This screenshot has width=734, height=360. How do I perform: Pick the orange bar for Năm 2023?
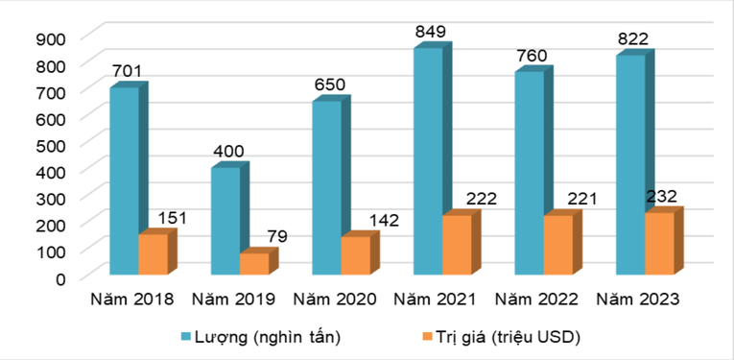659,245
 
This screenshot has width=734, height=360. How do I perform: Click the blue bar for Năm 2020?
326,188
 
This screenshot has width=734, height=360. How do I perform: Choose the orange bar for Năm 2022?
557,246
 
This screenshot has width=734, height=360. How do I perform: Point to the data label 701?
129,72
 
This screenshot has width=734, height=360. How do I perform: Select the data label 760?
530,56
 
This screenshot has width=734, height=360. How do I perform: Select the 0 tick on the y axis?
59,278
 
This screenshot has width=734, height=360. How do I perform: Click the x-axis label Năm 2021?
436,300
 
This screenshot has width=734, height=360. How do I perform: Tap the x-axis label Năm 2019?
233,300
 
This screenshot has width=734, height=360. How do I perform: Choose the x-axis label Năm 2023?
638,300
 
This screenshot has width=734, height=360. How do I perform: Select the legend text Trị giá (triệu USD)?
510,337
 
